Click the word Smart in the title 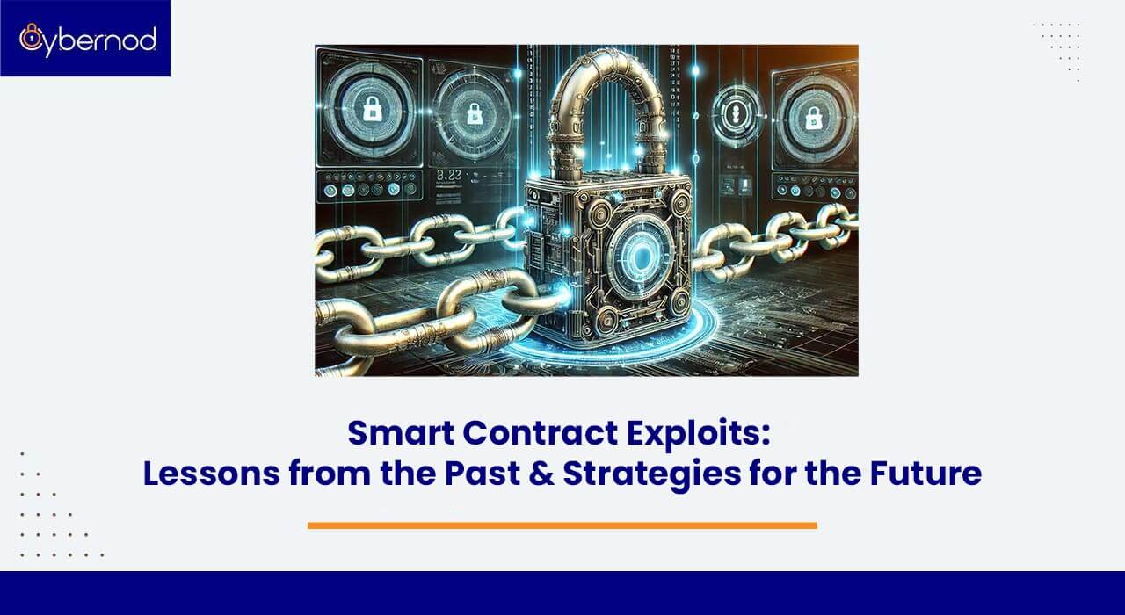[396, 433]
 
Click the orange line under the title [562, 525]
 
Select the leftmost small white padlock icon [372, 109]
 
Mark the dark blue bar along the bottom [562, 593]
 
